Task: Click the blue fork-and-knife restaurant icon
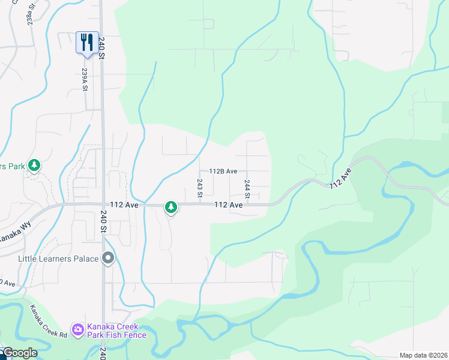point(87,43)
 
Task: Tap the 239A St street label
point(85,79)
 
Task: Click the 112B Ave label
point(223,171)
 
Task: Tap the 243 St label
point(200,188)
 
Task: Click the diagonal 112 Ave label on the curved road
point(339,178)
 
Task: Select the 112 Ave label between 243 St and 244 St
point(228,205)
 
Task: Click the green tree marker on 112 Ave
point(172,207)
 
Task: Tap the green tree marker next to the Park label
point(34,165)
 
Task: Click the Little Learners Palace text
point(58,259)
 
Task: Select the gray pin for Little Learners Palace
point(108,259)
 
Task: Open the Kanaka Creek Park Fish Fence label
point(116,331)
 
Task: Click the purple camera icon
point(77,329)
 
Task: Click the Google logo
point(20,353)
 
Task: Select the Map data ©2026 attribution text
point(423,355)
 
